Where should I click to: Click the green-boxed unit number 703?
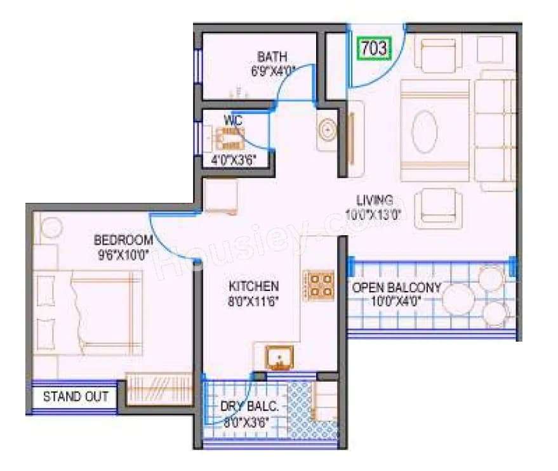373,49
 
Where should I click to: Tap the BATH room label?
272,58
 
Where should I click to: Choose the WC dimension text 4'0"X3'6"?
233,160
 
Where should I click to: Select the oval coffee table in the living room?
425,131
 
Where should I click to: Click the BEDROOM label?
123,240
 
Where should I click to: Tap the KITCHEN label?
253,286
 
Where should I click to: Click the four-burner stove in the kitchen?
319,285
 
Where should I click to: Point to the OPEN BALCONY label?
397,287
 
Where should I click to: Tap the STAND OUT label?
76,397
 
